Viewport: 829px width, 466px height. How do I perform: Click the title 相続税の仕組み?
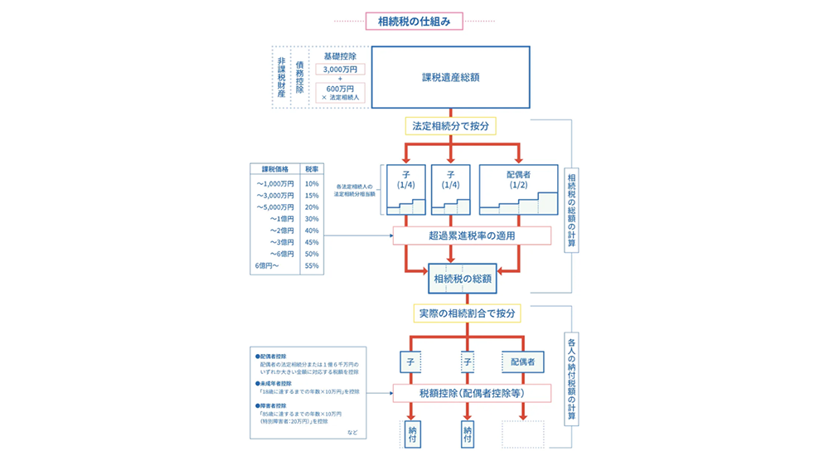point(414,22)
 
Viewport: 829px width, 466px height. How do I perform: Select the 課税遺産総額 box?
point(450,77)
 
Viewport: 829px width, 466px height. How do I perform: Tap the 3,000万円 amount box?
point(339,70)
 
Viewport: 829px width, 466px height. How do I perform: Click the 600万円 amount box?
point(339,88)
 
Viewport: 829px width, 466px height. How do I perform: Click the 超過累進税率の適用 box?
point(472,235)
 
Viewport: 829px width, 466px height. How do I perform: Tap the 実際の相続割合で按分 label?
point(467,313)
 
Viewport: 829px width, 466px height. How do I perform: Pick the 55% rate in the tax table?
point(312,266)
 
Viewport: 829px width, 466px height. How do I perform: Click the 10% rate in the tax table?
point(312,183)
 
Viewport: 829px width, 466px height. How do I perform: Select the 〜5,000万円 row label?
point(275,206)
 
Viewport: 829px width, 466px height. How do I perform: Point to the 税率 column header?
point(312,168)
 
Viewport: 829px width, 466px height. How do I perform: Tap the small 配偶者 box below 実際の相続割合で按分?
point(522,362)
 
